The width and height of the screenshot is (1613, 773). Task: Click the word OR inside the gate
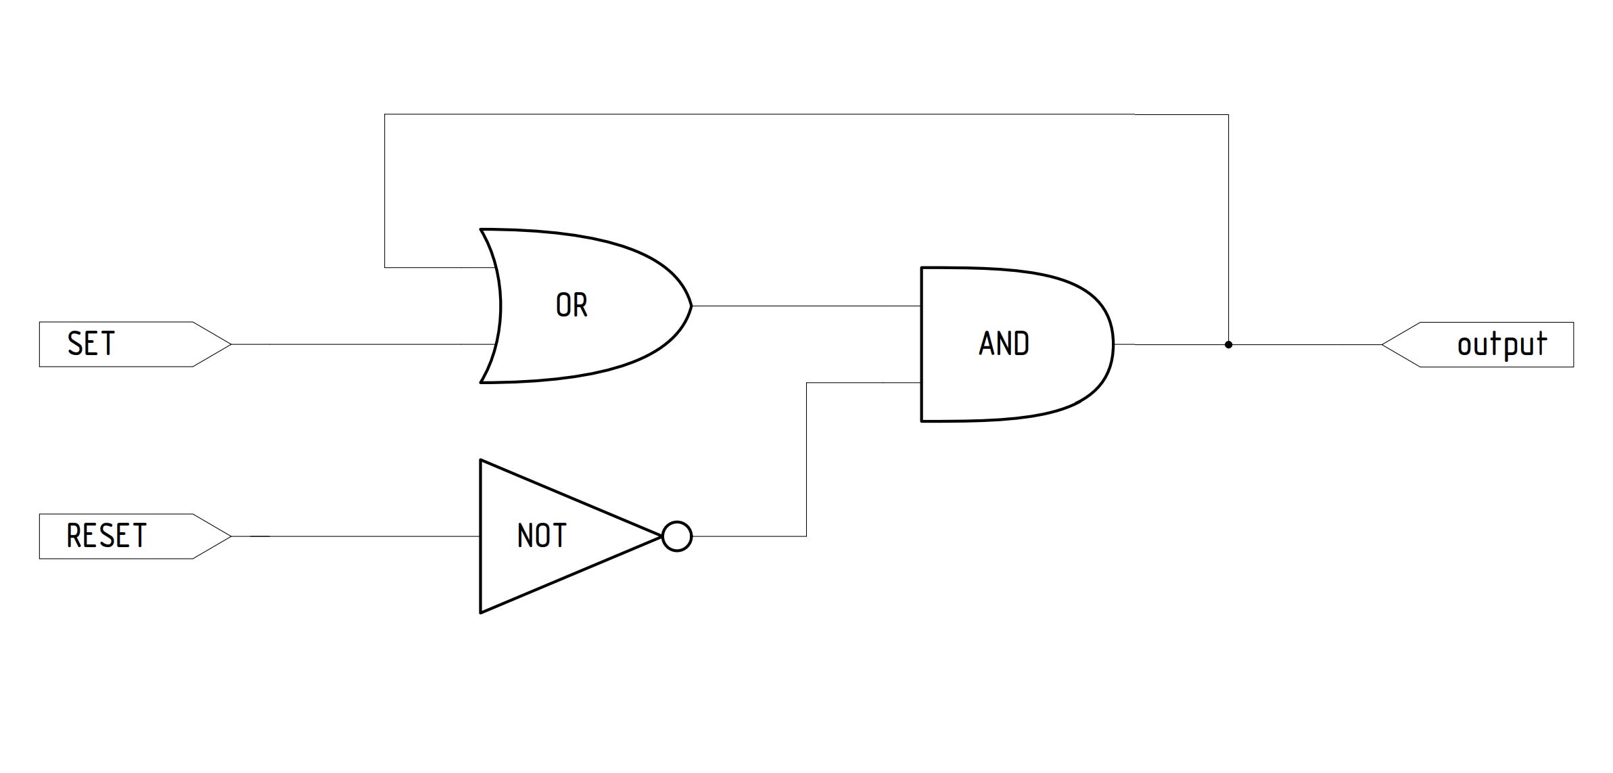click(571, 306)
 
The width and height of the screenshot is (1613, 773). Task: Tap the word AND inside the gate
click(1004, 344)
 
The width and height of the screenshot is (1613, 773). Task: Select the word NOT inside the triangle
click(541, 536)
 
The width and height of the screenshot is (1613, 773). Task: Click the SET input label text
click(91, 344)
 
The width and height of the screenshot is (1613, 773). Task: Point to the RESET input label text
click(106, 536)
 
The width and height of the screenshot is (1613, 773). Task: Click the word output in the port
click(1501, 344)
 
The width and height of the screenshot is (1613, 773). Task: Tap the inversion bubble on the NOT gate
click(677, 536)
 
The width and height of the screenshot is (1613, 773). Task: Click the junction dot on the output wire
click(1228, 345)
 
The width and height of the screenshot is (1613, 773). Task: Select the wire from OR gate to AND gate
click(806, 306)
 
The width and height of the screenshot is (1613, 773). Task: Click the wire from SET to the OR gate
click(364, 345)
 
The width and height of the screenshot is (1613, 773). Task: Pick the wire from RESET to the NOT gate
click(356, 536)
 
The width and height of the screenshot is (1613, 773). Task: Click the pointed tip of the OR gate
click(691, 306)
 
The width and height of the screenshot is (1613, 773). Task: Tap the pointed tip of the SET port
click(231, 345)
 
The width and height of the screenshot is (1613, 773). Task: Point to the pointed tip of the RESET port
click(231, 536)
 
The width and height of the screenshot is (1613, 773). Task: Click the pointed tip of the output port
click(1382, 345)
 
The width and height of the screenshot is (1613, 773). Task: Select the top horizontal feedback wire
click(806, 115)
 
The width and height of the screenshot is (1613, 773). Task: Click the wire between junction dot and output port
click(1305, 345)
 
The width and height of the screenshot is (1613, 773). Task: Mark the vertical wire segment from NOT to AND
click(806, 460)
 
